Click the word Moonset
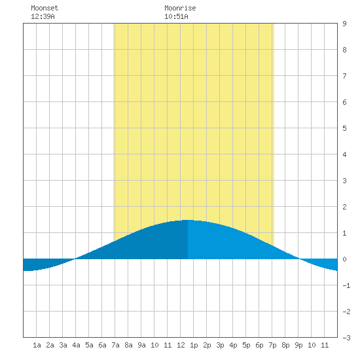click(45, 8)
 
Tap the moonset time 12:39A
click(43, 16)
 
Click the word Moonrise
click(180, 8)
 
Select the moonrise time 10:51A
click(176, 16)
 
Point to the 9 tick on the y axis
click(344, 24)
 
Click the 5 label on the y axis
click(344, 128)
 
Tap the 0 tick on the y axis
click(344, 259)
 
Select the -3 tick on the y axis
click(346, 338)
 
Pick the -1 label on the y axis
click(346, 285)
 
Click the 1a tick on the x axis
click(37, 345)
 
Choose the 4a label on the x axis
click(76, 345)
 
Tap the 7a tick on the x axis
click(115, 345)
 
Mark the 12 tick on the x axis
click(181, 345)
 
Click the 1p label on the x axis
click(194, 345)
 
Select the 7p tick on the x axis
click(272, 345)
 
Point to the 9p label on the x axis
click(298, 345)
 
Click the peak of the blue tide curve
click(188, 220)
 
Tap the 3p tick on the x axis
click(220, 345)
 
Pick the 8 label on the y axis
click(344, 50)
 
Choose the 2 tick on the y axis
click(344, 207)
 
